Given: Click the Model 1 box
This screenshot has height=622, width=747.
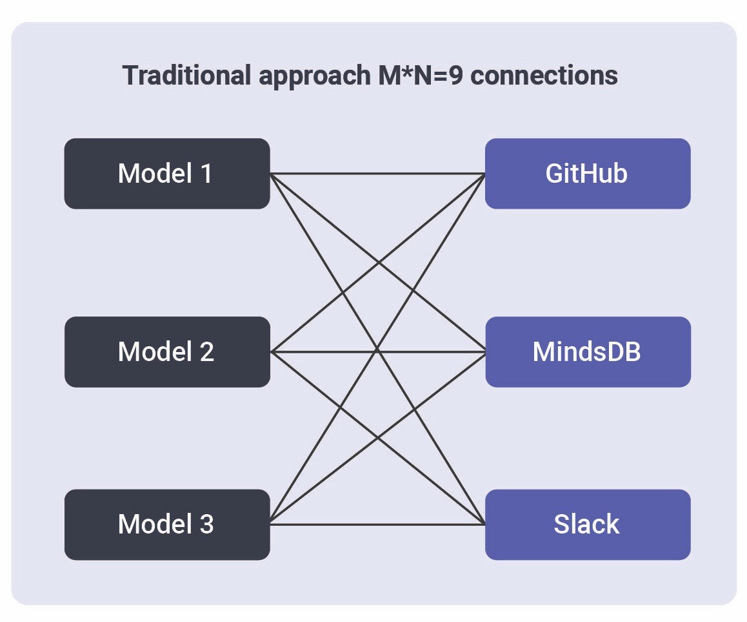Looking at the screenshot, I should [x=166, y=173].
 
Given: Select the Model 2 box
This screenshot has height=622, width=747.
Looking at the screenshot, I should [x=166, y=351].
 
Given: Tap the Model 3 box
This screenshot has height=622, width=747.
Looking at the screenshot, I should [x=166, y=524].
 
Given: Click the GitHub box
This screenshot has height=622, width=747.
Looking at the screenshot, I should [x=587, y=173].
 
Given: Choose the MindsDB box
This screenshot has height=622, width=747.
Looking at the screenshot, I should [x=587, y=351].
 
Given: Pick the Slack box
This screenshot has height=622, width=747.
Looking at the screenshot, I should [x=587, y=524].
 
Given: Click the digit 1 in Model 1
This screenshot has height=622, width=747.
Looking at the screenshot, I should [x=206, y=173].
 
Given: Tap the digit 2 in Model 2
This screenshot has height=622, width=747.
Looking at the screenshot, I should [x=206, y=351].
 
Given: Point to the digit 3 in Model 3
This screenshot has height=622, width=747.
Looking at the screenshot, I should [x=206, y=524].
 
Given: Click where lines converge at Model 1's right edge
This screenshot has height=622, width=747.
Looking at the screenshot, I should [x=271, y=174].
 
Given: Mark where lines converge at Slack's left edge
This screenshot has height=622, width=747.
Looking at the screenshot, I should [x=484, y=523].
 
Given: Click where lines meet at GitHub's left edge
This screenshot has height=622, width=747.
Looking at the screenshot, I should [x=484, y=174].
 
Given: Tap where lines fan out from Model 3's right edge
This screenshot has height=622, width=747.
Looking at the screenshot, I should [x=271, y=523].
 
